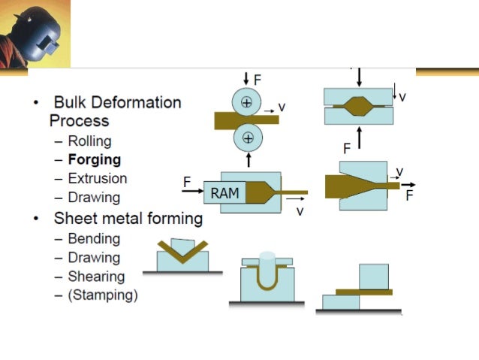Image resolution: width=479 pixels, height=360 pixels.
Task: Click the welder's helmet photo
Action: coord(34,33)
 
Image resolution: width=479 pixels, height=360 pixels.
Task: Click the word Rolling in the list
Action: coord(89,141)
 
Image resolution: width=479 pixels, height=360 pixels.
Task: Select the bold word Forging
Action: coord(94,159)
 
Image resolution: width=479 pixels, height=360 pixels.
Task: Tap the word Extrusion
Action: coord(97,179)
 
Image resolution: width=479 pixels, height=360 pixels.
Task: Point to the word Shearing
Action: coord(96,277)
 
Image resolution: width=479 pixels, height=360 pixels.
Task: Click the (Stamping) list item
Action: coord(103,295)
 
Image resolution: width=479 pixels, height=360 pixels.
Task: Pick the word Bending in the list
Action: coord(94,239)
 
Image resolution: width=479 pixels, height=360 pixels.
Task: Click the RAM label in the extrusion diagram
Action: coord(224,193)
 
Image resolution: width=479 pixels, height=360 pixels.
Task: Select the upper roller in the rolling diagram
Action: coord(246,103)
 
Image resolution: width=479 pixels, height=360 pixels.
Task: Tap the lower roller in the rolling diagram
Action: coord(246,138)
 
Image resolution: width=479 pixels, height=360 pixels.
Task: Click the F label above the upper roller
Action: coord(258,78)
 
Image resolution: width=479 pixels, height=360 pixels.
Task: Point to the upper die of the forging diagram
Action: coord(358,95)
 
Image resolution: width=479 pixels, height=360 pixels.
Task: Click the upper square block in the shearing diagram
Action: coord(374,277)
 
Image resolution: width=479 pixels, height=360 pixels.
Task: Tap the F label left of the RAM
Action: coord(188,182)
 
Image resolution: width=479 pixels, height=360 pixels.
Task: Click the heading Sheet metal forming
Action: coord(128,219)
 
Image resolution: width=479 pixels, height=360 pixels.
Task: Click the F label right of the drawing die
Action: coord(410,195)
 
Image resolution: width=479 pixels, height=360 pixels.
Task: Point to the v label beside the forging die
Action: coord(403,97)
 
